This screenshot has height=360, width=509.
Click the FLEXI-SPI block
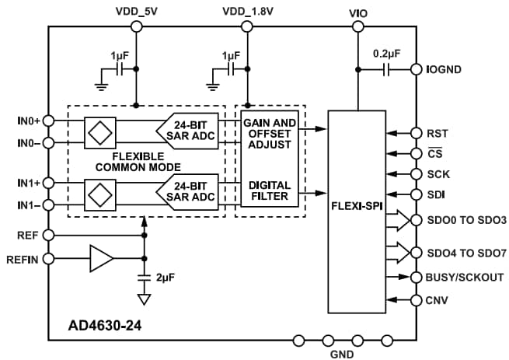tap(357, 209)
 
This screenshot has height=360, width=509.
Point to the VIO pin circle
tap(358, 26)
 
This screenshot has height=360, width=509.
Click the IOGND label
tap(444, 69)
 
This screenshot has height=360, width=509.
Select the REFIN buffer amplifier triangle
tap(101, 258)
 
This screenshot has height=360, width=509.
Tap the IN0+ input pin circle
tap(49, 121)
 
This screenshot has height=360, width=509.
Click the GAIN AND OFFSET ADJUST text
tap(270, 134)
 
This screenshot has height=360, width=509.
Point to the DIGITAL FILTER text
tap(270, 191)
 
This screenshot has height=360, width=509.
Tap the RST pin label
tap(438, 133)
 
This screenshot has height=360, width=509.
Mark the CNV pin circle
tap(417, 299)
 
